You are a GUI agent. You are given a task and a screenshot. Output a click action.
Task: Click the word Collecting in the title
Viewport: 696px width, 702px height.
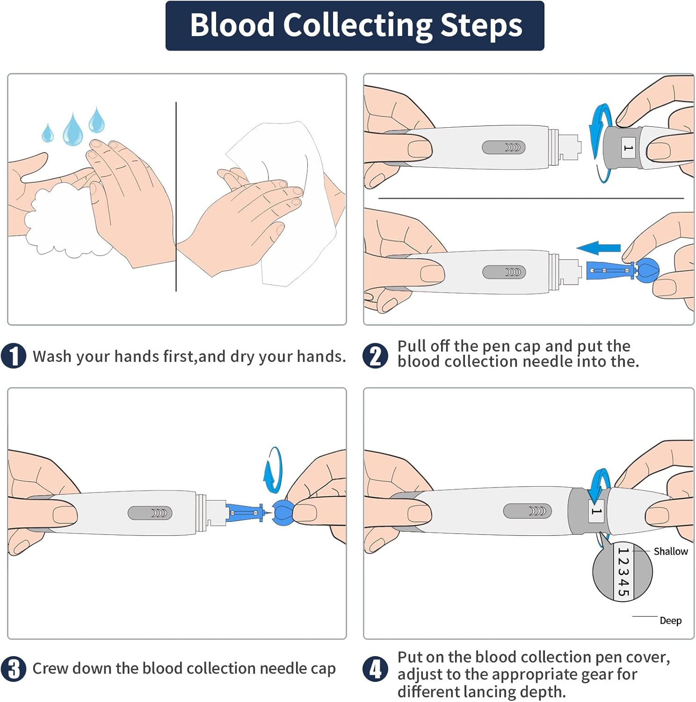coord(358,25)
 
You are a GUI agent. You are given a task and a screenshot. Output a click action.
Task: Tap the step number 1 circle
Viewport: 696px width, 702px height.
coord(14,356)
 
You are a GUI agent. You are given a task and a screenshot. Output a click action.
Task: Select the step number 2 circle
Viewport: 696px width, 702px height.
coord(375,356)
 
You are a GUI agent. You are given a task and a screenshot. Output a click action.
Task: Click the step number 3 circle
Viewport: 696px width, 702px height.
coord(14,669)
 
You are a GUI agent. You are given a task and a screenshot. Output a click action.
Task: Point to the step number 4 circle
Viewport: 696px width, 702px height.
coord(375,669)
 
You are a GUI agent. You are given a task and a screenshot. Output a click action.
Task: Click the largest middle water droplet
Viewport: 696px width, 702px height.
coord(72,131)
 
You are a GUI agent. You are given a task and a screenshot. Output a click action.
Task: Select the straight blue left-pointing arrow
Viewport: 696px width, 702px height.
coord(599,248)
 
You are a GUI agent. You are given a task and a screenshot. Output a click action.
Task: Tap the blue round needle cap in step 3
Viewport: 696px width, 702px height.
coord(283,512)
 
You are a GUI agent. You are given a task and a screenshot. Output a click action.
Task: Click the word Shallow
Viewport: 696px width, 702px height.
coord(670,551)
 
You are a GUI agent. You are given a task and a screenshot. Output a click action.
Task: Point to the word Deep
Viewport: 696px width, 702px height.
coord(670,621)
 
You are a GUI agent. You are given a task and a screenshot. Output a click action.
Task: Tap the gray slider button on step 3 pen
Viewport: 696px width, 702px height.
coord(150,513)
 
